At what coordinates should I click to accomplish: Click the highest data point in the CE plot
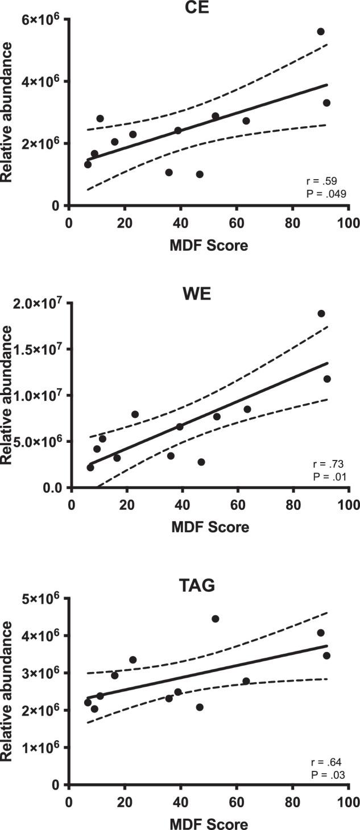[x=321, y=31]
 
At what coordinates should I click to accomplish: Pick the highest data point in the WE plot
[x=321, y=313]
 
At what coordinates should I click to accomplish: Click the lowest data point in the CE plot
[x=200, y=174]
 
